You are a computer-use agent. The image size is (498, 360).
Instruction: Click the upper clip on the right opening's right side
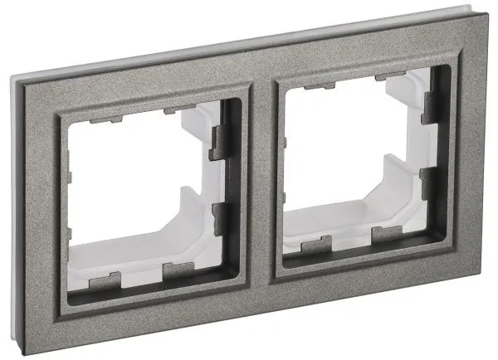pyautogui.click(x=429, y=107)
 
